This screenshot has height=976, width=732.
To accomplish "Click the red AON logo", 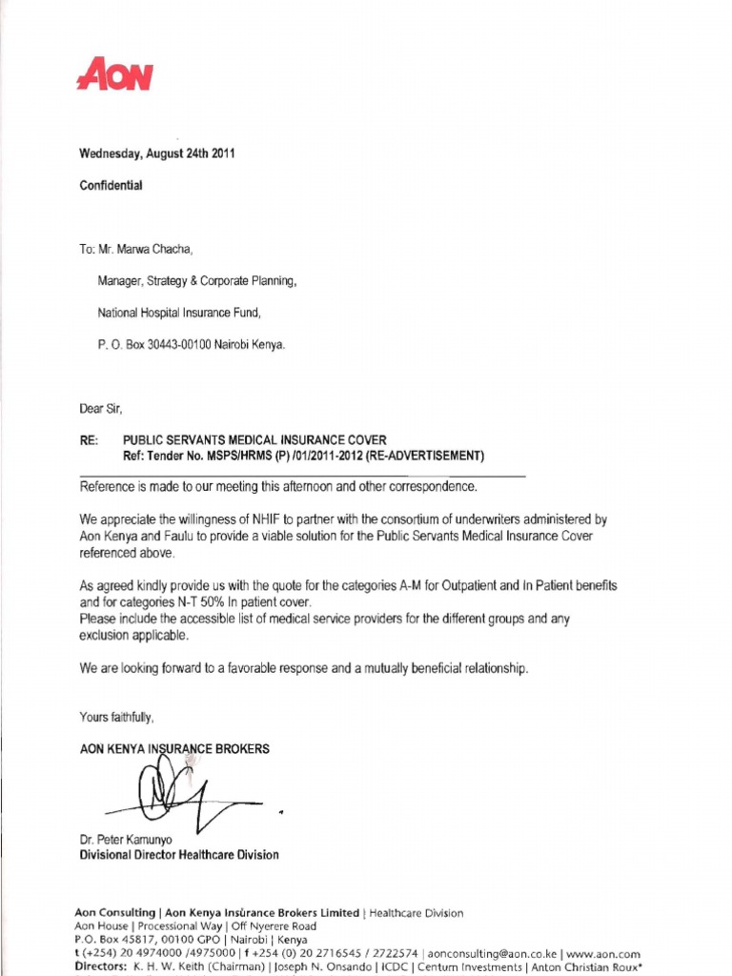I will coord(115,75).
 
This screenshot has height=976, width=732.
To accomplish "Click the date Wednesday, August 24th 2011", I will coord(156,153).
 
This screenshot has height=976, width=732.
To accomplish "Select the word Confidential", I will coord(111,186).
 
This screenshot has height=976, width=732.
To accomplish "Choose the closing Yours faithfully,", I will coord(116,716).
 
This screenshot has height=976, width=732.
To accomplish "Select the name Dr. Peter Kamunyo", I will coord(127,840).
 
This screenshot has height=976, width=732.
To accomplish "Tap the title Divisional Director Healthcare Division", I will coord(179,855).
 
